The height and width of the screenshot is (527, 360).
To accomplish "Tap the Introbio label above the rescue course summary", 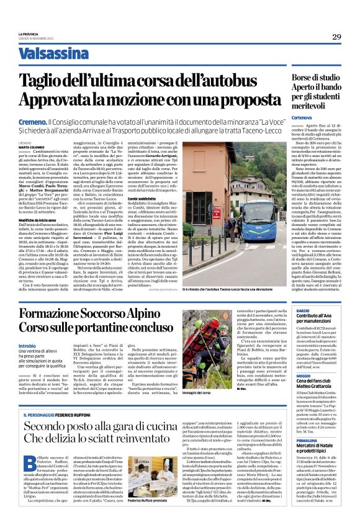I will click(27, 346).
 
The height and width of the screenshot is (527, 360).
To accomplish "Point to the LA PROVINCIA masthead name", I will click(29, 34).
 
